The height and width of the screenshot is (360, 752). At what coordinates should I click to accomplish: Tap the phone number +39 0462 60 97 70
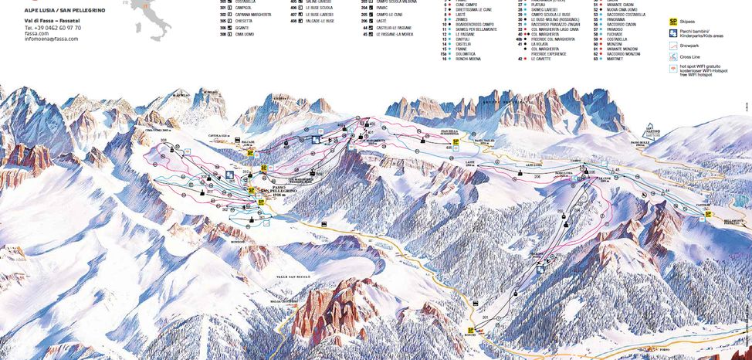click(52, 27)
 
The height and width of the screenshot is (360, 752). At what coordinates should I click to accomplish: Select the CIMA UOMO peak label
click(155, 131)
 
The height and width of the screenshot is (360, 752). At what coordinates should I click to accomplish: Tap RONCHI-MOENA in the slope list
click(473, 59)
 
